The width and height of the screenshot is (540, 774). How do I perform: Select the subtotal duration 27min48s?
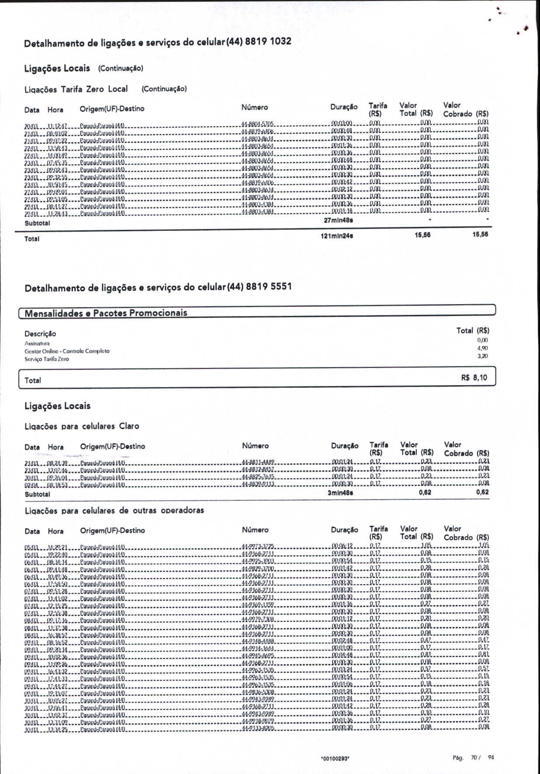338,220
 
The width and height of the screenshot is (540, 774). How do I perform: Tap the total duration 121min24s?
337,236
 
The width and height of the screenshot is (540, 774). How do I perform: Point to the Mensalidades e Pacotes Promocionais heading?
106,313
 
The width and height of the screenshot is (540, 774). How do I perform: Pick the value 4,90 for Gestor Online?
482,348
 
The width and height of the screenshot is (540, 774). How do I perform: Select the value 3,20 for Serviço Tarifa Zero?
482,356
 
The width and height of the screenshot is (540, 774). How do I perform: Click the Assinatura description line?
37,344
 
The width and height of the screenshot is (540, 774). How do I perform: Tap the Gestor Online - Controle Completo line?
67,351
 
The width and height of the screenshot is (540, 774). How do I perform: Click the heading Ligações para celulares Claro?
82,426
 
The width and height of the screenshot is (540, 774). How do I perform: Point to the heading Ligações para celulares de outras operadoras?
114,510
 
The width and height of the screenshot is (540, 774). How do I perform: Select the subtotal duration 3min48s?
340,493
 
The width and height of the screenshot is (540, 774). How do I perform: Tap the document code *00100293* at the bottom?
335,759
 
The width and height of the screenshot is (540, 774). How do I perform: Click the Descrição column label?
40,333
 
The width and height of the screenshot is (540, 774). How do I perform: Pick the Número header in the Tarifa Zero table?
254,108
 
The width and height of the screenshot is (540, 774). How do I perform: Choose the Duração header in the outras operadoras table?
344,530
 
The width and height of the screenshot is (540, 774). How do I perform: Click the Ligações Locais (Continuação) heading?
83,68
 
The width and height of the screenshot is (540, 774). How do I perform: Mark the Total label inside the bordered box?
33,380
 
